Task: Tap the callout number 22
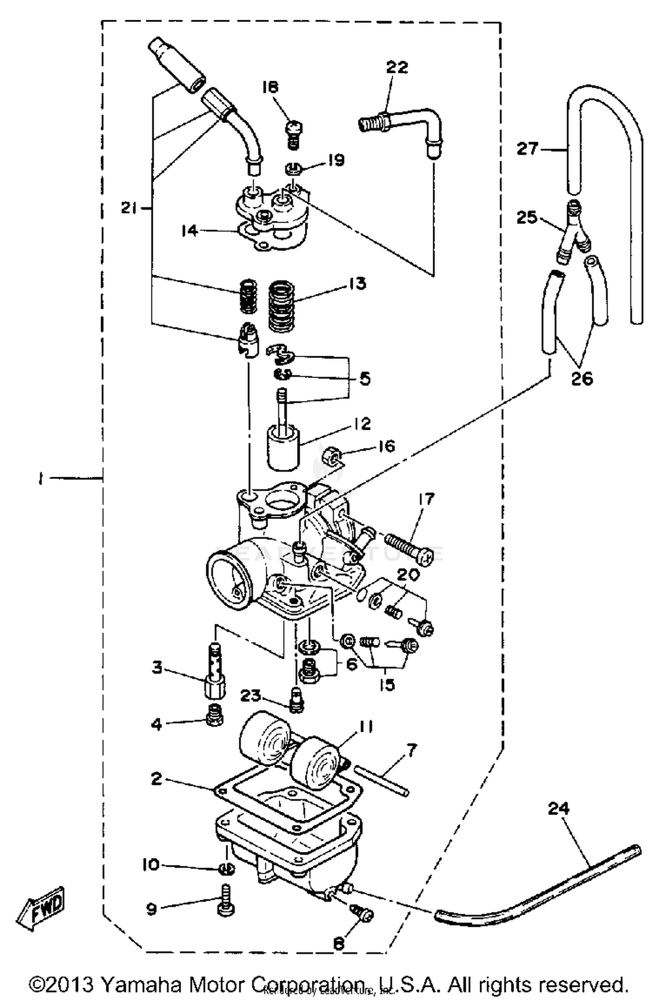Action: pyautogui.click(x=397, y=68)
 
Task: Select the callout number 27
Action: pyautogui.click(x=527, y=149)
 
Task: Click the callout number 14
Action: pyautogui.click(x=190, y=230)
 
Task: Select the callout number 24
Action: pyautogui.click(x=558, y=808)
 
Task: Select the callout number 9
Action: pyautogui.click(x=152, y=909)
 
